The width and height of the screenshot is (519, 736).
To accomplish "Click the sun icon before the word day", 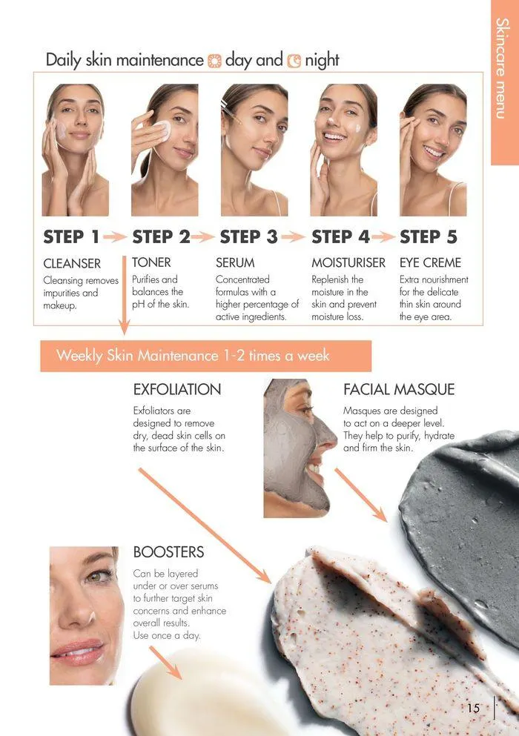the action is pos(214,62).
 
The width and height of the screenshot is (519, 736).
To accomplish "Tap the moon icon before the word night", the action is pos(294,62).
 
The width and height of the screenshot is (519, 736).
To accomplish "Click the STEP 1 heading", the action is pos(71,237).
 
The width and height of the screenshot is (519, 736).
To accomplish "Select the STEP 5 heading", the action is pos(429,237).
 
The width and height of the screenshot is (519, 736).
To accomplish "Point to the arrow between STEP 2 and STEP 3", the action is pos(203,237).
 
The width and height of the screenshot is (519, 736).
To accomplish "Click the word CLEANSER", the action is pos(72,264).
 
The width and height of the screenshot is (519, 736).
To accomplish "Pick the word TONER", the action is pos(151,262).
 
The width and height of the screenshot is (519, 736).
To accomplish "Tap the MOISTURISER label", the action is pos(348,262).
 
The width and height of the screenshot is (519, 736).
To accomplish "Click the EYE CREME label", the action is pos(430,262).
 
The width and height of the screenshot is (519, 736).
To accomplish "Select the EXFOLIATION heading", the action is pos(177,390).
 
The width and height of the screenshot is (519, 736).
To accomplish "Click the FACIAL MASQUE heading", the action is pos(399,390).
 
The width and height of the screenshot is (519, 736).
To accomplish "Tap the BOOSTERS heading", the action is pos(168,552).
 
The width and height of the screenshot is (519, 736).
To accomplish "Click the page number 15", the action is pos(474,708).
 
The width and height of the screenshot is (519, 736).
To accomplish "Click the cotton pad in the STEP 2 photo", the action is pos(162,131).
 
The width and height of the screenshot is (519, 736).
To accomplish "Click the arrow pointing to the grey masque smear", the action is pos(361,494).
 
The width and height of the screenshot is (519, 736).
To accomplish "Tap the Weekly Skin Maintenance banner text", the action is pos(193,356).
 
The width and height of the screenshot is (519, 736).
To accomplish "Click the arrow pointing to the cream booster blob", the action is pos(165,663).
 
